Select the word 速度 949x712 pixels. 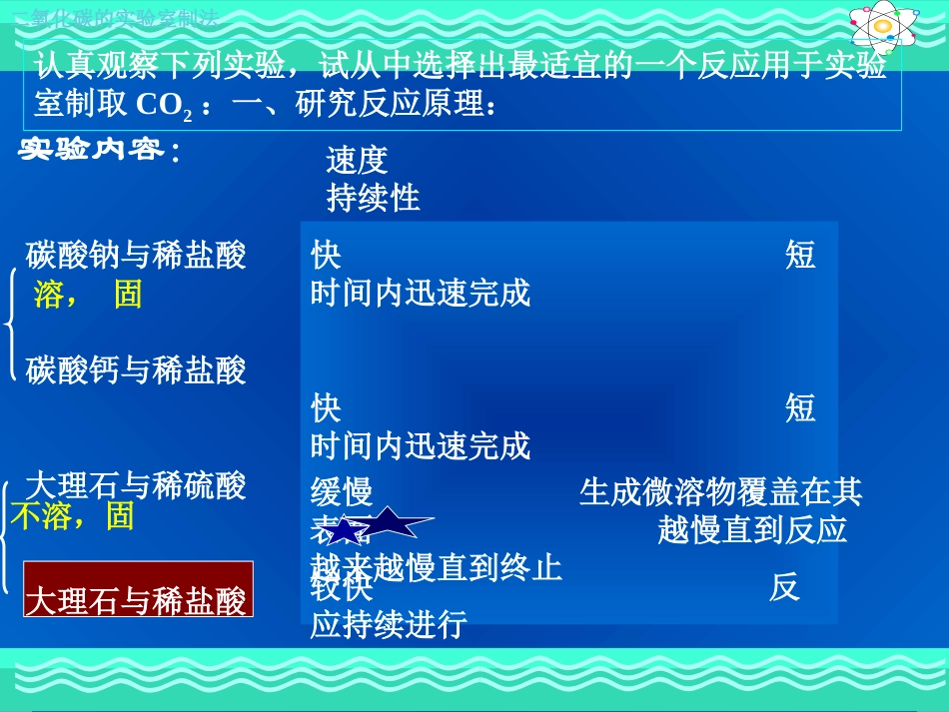click(357, 160)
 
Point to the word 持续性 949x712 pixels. click(373, 198)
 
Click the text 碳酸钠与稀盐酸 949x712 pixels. click(136, 256)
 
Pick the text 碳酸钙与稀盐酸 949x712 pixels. click(136, 370)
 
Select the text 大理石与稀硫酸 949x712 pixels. click(136, 486)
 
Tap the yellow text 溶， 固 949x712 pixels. click(88, 295)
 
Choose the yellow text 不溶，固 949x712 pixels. click(71, 515)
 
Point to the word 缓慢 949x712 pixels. click(342, 491)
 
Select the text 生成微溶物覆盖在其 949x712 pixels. click(720, 491)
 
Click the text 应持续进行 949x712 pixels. click(389, 625)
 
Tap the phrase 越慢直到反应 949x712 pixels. click(752, 529)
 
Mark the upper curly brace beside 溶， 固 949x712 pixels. click(9, 325)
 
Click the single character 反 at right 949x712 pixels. click(784, 587)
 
